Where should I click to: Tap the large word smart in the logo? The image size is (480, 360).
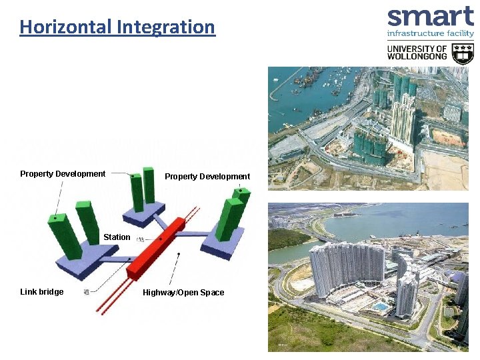[x=430, y=17]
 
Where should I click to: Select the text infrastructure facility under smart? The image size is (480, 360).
[x=430, y=33]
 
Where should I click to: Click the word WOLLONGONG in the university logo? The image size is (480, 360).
[x=417, y=57]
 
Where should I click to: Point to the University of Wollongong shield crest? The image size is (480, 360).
[x=463, y=53]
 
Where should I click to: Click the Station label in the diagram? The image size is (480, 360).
[x=117, y=237]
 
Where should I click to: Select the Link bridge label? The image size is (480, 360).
[x=42, y=292]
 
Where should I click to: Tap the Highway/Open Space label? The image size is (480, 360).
[x=183, y=293]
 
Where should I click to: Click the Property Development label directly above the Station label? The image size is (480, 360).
[x=207, y=177]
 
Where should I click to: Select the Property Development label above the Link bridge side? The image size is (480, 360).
[x=63, y=174]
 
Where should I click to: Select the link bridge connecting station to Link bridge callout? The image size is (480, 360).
[x=121, y=259]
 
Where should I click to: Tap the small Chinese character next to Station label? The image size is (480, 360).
[x=141, y=239]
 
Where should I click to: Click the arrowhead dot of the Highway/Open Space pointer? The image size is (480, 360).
[x=178, y=254]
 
